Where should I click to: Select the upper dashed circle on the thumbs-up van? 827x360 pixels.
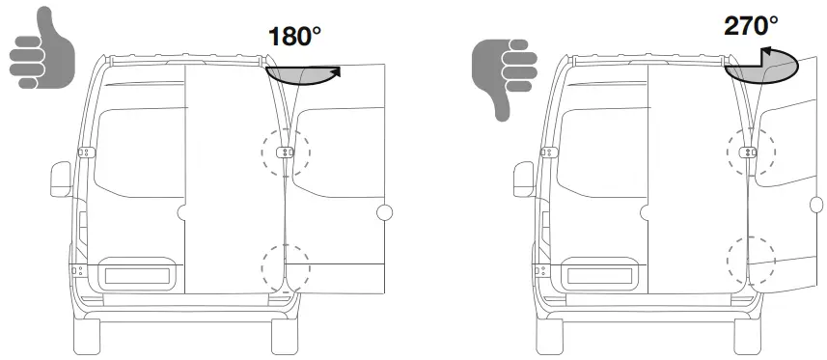pos(286,152)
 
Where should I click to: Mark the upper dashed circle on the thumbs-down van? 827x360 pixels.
pos(750,152)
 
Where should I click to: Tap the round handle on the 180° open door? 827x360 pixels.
pos(384,212)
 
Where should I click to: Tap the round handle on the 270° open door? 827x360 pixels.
pos(816,204)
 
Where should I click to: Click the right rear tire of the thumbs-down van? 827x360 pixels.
pos(748,334)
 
